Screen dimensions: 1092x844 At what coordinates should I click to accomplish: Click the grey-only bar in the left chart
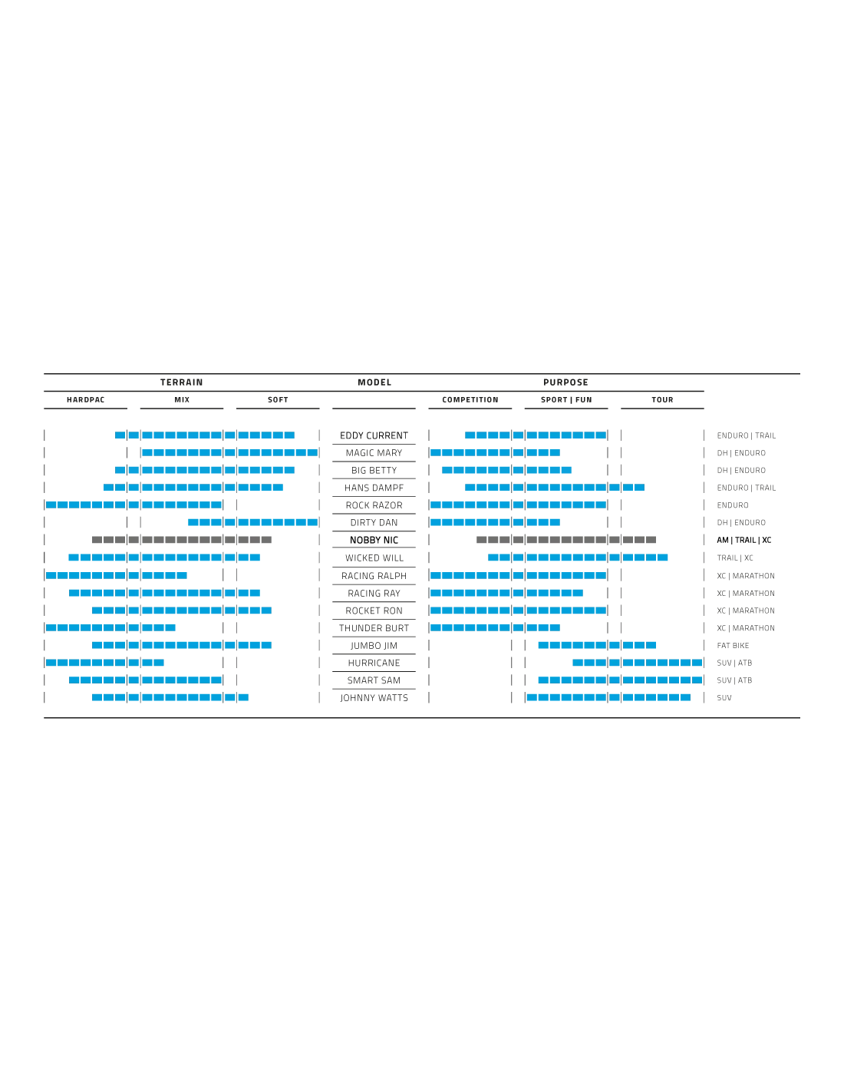pyautogui.click(x=184, y=541)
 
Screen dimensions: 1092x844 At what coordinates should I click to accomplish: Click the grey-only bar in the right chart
pyautogui.click(x=564, y=541)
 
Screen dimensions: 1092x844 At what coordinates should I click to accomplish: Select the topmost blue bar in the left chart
pyautogui.click(x=205, y=436)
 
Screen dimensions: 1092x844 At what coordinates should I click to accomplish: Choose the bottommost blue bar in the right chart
pyautogui.click(x=608, y=697)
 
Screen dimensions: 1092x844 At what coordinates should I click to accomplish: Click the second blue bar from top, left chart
pyautogui.click(x=229, y=453)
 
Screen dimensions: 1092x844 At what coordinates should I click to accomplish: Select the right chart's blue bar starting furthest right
pyautogui.click(x=637, y=663)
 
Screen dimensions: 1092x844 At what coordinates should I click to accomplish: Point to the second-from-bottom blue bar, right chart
pyautogui.click(x=618, y=680)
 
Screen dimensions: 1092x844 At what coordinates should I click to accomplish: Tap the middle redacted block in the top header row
pyautogui.click(x=374, y=381)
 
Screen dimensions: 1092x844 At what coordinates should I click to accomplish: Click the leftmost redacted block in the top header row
pyautogui.click(x=181, y=381)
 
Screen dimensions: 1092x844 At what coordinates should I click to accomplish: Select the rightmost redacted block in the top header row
pyautogui.click(x=565, y=381)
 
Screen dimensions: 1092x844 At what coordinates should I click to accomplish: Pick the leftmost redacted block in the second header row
pyautogui.click(x=82, y=399)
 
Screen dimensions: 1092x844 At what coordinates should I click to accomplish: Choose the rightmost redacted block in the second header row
pyautogui.click(x=663, y=399)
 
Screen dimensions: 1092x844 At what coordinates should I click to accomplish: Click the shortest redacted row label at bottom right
pyautogui.click(x=724, y=697)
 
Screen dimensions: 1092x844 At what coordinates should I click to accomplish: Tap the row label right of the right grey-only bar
pyautogui.click(x=742, y=541)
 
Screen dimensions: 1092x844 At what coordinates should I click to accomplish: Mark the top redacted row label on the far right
pyautogui.click(x=745, y=436)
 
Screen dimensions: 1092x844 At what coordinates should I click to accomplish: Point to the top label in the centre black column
pyautogui.click(x=374, y=435)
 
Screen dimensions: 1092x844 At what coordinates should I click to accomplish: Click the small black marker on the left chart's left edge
pyautogui.click(x=46, y=556)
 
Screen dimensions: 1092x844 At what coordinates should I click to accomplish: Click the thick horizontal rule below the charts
pyautogui.click(x=423, y=716)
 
